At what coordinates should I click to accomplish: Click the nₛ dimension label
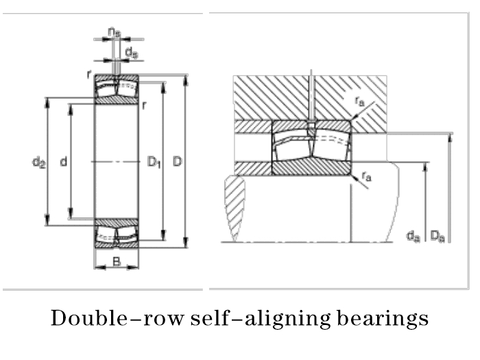pyautogui.click(x=115, y=32)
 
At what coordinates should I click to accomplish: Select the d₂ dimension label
pyautogui.click(x=38, y=163)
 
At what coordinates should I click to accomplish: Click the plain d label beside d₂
pyautogui.click(x=63, y=163)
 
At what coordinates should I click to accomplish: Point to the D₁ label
pyautogui.click(x=154, y=163)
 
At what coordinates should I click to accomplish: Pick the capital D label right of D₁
pyautogui.click(x=177, y=163)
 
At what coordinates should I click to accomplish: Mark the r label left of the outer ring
pyautogui.click(x=89, y=75)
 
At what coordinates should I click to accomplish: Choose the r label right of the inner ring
pyautogui.click(x=144, y=106)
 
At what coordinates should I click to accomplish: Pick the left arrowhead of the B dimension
pyautogui.click(x=97, y=267)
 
